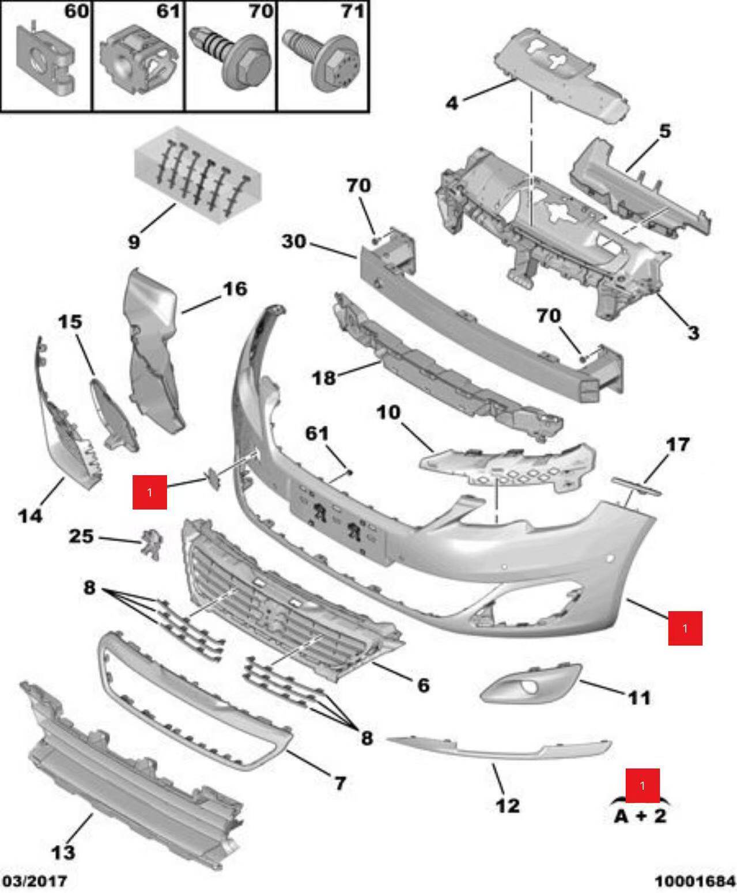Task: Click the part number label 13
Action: pos(63,852)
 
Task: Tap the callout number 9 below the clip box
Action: pos(134,243)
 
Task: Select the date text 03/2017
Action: pos(34,881)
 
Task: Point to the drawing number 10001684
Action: pos(695,881)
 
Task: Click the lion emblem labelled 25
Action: pos(150,544)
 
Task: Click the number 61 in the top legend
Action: pos(168,10)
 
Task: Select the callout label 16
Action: pos(235,289)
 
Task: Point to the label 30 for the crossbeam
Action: pos(294,241)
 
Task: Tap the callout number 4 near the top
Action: pos(452,103)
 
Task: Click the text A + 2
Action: pos(640,816)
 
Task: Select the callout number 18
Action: pos(324,378)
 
